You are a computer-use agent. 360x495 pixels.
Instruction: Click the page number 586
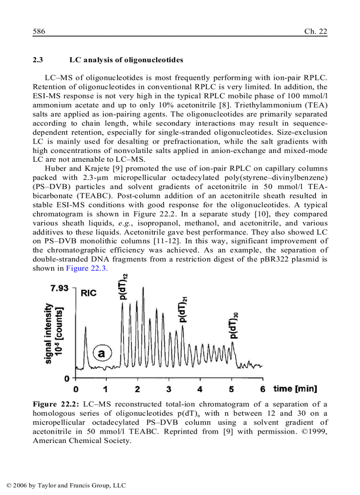39,32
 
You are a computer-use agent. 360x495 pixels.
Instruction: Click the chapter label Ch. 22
315,32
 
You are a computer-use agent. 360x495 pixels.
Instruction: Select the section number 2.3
37,60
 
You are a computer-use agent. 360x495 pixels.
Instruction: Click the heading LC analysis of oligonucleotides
126,60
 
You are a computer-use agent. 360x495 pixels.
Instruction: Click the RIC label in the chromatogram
89,293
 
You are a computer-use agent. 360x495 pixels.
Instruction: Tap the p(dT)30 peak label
235,325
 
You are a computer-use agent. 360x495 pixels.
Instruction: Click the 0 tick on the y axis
67,378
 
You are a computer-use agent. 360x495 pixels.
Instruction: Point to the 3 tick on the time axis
169,389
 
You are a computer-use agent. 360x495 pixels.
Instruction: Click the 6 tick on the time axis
263,389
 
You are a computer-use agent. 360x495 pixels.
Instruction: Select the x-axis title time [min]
295,389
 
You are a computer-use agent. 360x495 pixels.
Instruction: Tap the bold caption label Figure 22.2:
56,404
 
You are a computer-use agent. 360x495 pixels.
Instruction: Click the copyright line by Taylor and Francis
66,485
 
